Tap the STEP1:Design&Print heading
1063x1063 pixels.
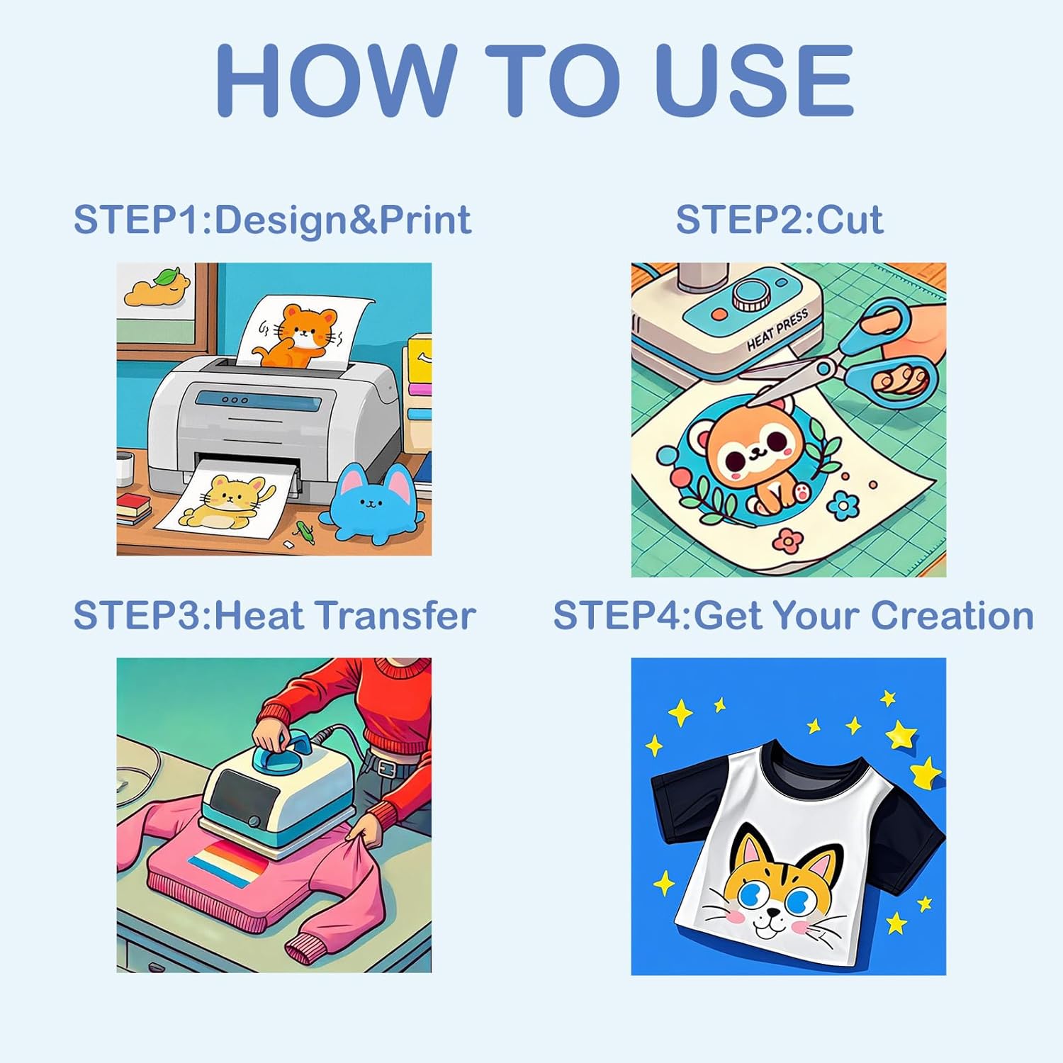tap(273, 220)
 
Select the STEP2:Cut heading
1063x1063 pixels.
tap(780, 220)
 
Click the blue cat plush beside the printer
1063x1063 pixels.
tap(372, 503)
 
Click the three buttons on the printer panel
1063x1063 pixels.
tap(235, 400)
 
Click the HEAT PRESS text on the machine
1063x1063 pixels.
tap(777, 330)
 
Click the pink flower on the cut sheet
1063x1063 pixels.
tap(787, 541)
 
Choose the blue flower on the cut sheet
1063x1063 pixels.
tap(843, 505)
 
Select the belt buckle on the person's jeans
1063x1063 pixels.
tap(386, 767)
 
